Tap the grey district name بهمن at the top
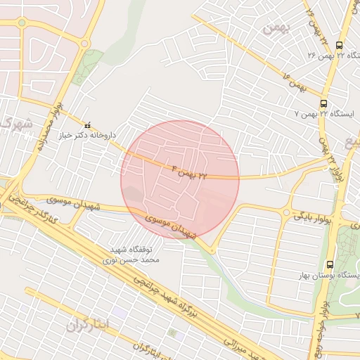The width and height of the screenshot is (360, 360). [276, 29]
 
